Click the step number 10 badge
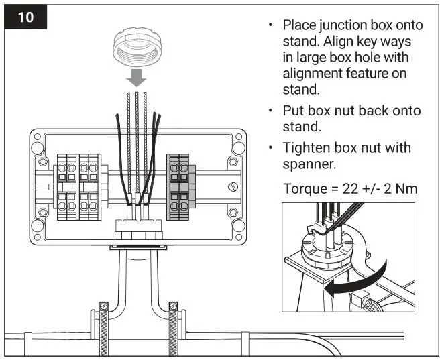coord(26,16)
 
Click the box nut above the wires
coord(136,48)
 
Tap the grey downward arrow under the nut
coord(136,78)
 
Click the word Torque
coord(306,189)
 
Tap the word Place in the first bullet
coord(299,25)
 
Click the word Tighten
coord(307,147)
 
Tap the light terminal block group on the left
coord(78,181)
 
